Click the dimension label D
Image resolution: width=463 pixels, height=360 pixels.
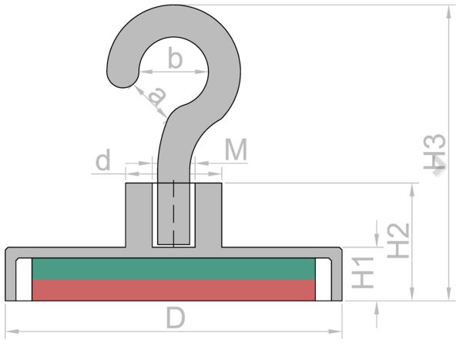pos(176,318)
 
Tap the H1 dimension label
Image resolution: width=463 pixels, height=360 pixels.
pos(363,273)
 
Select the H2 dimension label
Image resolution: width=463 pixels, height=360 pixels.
pos(398,241)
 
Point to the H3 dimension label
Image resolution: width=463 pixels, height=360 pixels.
pos(434,152)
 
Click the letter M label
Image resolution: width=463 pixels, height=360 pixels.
pos(236,150)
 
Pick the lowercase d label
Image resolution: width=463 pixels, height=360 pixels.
pos(103,160)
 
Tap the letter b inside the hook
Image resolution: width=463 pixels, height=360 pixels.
pos(175,57)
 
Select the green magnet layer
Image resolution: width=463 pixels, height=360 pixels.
pos(173,269)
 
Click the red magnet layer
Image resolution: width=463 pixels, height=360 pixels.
pos(173,290)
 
